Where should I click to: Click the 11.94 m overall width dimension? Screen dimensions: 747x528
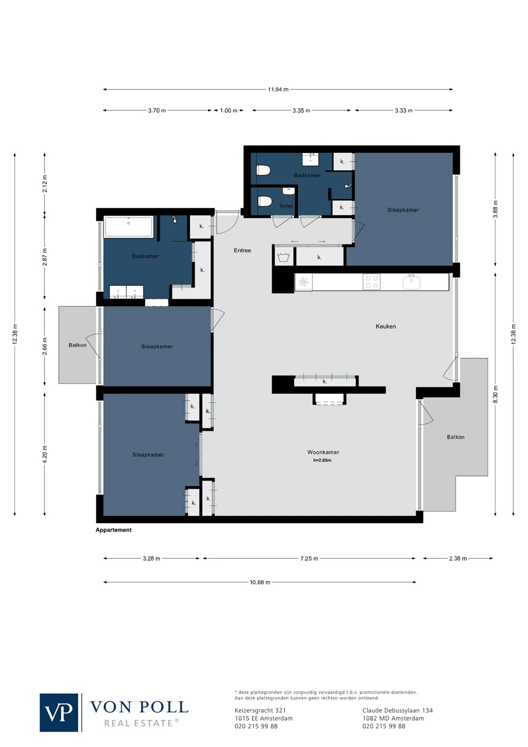pos(278,90)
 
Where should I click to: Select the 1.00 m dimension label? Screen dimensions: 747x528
pos(229,111)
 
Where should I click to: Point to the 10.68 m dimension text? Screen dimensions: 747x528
pos(260,582)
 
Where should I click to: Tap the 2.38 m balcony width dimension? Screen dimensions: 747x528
pos(458,559)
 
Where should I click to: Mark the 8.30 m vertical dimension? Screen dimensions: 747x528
pos(495,394)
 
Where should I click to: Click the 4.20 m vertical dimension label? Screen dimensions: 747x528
pos(45,454)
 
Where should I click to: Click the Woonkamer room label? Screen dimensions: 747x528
pos(323,452)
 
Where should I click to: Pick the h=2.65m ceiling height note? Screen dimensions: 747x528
pos(322,461)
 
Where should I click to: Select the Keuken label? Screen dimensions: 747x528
pos(386,327)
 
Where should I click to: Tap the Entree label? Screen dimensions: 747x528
pos(243,250)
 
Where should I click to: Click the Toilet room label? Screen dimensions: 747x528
pos(286,206)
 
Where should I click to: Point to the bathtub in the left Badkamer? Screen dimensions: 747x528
pos(129,227)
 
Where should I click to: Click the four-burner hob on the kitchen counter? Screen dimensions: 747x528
pos(372,282)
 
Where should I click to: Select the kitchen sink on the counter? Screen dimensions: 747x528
pos(411,282)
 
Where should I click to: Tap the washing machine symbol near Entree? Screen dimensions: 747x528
pos(283,257)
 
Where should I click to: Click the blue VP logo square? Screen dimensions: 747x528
pos(59,713)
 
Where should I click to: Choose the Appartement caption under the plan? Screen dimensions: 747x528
pos(114,530)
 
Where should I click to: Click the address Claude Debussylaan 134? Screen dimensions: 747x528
pos(397,711)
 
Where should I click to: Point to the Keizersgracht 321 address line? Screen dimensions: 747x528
pos(260,711)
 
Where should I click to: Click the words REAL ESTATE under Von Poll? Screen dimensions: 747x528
pos(138,723)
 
